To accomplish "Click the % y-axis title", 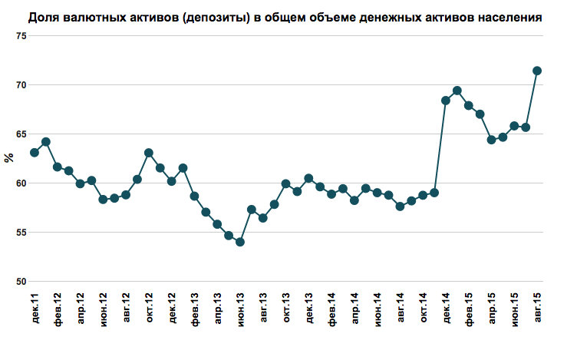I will click(8, 159).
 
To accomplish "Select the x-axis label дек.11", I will click(35, 315).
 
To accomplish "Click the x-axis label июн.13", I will click(240, 315).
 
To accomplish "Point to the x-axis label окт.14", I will click(423, 315).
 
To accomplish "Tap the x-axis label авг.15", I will click(537, 315).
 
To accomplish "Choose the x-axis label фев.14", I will click(331, 315).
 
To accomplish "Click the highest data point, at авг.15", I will click(537, 71).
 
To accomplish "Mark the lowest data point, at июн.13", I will click(240, 242).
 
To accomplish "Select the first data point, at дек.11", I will click(35, 153).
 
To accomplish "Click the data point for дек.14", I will click(446, 101).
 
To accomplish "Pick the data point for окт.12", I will click(149, 153).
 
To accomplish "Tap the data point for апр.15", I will click(492, 140).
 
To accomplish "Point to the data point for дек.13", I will click(308, 178).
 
